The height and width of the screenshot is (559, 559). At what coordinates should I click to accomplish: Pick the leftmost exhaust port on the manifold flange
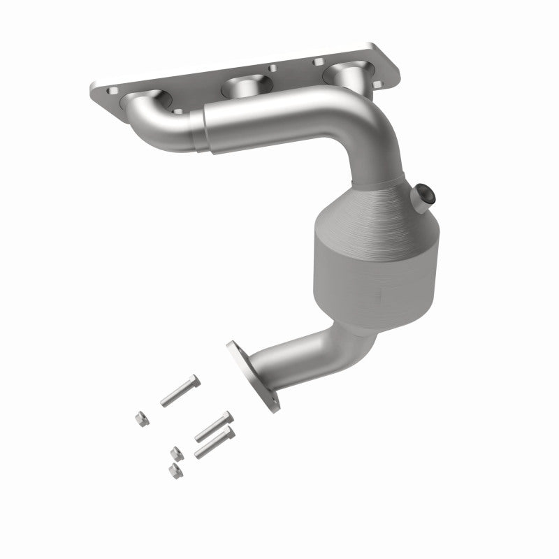click(x=144, y=103)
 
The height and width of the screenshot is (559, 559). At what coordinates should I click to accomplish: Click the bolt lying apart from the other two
click(x=180, y=391)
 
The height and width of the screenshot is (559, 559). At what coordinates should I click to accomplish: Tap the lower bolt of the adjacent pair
click(x=214, y=442)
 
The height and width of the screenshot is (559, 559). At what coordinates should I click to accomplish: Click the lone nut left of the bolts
click(x=139, y=418)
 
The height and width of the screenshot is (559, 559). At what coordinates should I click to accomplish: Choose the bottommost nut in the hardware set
click(x=175, y=470)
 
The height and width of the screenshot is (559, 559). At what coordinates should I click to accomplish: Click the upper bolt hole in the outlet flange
click(x=233, y=347)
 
